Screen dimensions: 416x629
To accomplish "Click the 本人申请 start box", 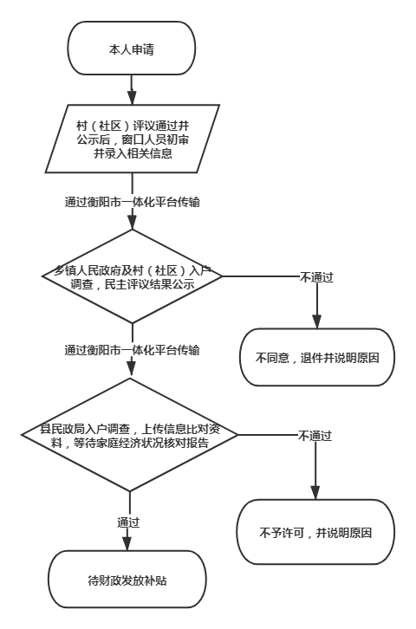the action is click(x=132, y=49).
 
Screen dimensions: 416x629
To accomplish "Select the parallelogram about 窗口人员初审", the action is click(x=133, y=139).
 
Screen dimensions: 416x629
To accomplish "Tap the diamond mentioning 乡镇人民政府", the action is click(x=133, y=276).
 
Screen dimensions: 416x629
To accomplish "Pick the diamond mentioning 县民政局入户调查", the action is click(x=130, y=435).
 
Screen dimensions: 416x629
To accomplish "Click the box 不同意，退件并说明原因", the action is click(x=317, y=358).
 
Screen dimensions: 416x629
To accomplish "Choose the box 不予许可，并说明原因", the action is click(x=315, y=532).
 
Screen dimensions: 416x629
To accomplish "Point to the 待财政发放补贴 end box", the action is click(x=127, y=580).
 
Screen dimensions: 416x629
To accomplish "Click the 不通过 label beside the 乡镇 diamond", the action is click(x=317, y=277).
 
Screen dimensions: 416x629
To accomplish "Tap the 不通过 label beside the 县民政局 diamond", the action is click(x=315, y=436).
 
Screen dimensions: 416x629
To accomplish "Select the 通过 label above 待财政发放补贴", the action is click(x=128, y=522).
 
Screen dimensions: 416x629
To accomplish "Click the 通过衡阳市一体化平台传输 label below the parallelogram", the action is click(x=133, y=202).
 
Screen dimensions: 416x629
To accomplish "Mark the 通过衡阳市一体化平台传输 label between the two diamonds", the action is click(x=133, y=350).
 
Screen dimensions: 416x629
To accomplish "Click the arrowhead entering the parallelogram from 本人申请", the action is click(x=132, y=98).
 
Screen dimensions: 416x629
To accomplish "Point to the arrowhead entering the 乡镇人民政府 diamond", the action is click(x=133, y=223).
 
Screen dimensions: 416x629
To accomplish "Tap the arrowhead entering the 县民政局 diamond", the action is click(x=130, y=371).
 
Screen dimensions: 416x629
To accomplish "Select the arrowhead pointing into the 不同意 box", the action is click(x=317, y=321).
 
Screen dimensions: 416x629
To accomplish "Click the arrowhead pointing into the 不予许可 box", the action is click(x=315, y=493).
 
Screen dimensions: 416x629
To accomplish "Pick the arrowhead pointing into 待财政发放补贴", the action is click(x=127, y=543).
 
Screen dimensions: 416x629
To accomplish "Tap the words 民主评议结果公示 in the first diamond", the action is click(x=150, y=284).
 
